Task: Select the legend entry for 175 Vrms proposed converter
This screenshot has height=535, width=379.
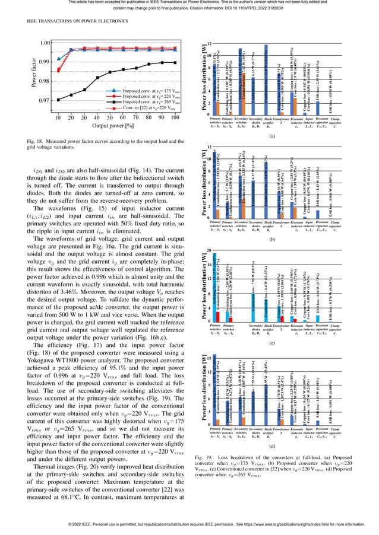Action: coord(143,90)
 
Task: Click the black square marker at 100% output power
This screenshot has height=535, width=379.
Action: coord(175,62)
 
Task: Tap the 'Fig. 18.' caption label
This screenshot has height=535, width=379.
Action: coord(36,139)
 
